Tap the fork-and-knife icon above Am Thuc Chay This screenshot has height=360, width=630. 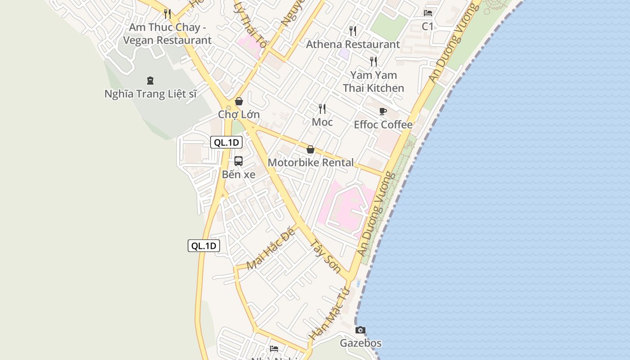pos(167,13)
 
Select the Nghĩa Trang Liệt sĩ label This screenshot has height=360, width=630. pos(151,94)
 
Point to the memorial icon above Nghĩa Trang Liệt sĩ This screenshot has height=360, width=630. pos(150,81)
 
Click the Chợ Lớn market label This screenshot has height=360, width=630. pos(239,114)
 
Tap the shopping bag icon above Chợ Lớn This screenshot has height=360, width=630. pos(239,101)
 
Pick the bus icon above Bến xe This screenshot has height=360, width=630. pos(238,161)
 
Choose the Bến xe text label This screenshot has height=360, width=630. pos(238,175)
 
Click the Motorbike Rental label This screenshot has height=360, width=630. pos(310,162)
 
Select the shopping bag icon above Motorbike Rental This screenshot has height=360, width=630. pos(310,149)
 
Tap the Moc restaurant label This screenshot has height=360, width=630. pos(322,122)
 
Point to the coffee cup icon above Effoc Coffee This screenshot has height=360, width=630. pos(383,111)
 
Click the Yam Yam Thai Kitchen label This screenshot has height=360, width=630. pos(373,81)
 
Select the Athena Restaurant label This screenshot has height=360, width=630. pos(353,44)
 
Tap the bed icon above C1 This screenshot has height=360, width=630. pos(427,13)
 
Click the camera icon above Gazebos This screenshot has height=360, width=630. pos(360,330)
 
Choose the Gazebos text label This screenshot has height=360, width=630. pos(360,343)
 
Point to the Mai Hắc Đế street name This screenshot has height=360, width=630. pos(271,249)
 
